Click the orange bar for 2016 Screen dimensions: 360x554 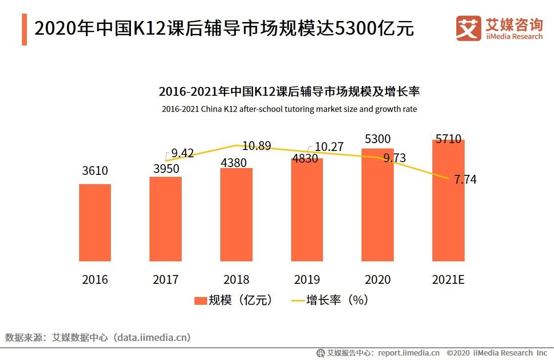tap(95, 223)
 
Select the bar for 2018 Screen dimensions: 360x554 tap(236, 215)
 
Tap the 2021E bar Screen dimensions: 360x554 tap(448, 200)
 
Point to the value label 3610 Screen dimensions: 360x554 tap(95, 171)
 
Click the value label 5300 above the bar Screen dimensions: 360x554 tap(378, 139)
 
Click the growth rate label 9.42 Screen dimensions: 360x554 tap(182, 154)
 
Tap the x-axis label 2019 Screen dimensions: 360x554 tap(307, 280)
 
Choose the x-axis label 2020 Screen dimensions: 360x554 tap(378, 280)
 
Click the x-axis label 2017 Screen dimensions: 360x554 tap(166, 280)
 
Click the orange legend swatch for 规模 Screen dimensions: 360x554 tap(200, 300)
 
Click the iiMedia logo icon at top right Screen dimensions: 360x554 tap(468, 28)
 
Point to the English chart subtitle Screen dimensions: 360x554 tap(289, 109)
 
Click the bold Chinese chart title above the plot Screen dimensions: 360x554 tap(289, 91)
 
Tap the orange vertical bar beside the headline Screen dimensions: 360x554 tap(24, 29)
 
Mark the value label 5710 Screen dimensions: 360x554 tap(448, 139)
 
